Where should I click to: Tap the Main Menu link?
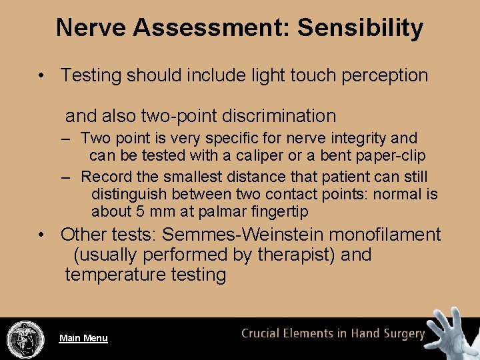point(83,338)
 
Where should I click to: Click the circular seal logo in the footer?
point(25,339)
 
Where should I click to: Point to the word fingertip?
point(289,212)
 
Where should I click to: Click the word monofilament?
point(387,235)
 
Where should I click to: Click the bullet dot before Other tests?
point(42,235)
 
